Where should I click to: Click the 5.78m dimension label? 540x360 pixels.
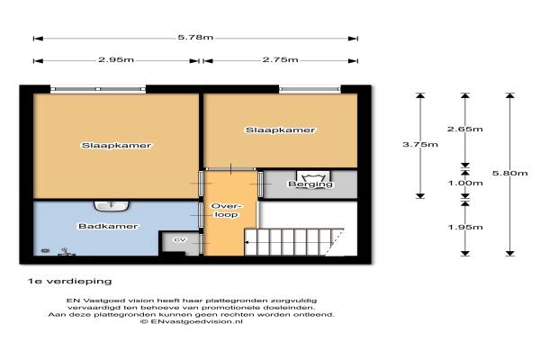click(195, 37)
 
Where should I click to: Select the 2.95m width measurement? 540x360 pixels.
click(116, 59)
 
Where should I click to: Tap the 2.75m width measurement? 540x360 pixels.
click(280, 59)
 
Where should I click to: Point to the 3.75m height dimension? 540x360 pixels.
click(420, 144)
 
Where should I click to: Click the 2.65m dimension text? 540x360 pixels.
click(465, 130)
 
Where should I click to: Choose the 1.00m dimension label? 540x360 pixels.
click(465, 183)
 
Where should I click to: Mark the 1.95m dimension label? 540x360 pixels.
click(465, 227)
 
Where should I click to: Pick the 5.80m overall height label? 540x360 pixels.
click(509, 173)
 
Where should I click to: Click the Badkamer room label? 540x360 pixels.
click(108, 226)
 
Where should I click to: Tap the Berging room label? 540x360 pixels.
click(310, 184)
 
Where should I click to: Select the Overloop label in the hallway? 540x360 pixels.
click(226, 211)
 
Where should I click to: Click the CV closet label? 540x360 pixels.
click(180, 240)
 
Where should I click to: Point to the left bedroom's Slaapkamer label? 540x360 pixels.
click(116, 146)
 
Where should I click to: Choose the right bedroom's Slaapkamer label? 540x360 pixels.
click(280, 130)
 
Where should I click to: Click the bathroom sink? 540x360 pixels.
click(112, 206)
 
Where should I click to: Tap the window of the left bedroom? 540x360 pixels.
click(98, 89)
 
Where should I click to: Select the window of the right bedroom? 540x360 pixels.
click(310, 89)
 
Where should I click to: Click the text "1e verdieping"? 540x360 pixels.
click(69, 282)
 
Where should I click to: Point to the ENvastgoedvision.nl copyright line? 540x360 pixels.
click(192, 321)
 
